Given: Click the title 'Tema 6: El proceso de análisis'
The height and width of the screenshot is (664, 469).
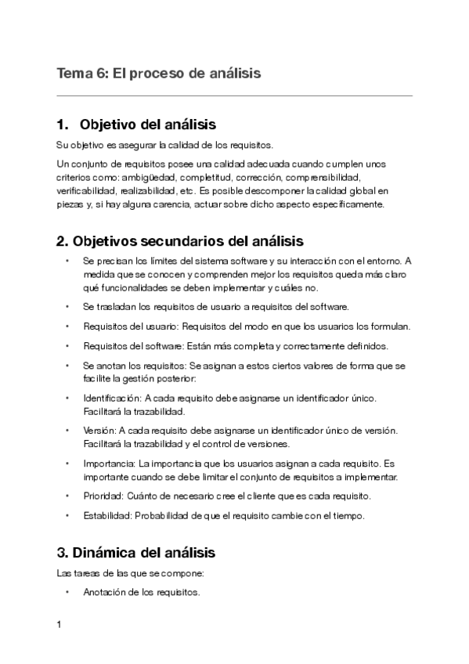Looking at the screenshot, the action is (x=158, y=73).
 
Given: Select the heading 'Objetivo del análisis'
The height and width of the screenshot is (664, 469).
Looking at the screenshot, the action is (x=148, y=125).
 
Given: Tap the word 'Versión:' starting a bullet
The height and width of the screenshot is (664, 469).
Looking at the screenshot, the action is (x=99, y=431).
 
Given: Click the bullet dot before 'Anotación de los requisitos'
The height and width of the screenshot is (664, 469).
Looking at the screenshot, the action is (x=68, y=593).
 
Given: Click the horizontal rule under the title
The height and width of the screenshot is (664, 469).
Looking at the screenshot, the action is (x=235, y=96).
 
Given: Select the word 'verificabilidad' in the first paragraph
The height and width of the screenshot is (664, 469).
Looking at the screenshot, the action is (x=87, y=190).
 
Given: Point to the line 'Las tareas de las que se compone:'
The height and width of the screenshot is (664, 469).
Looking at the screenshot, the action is (x=120, y=573).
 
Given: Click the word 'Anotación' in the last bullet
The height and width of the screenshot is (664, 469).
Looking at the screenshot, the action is (x=104, y=593).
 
